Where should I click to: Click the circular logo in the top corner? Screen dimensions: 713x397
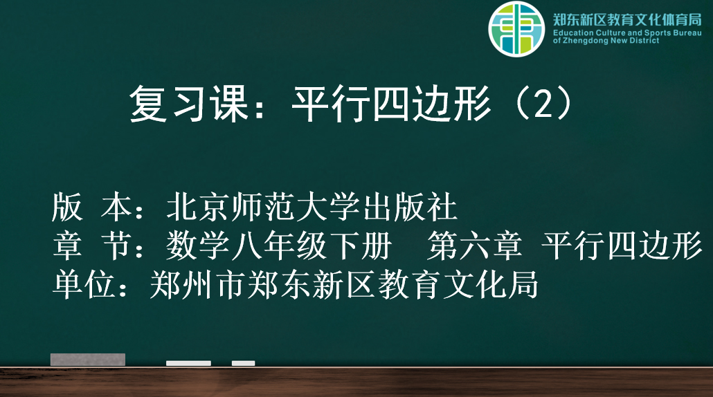pyautogui.click(x=516, y=28)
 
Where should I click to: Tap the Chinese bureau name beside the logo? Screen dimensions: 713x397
pyautogui.click(x=627, y=20)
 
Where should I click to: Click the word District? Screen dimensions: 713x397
pyautogui.click(x=643, y=40)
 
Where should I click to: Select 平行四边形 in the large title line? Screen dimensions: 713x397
pyautogui.click(x=392, y=104)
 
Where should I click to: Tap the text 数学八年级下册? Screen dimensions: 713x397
pyautogui.click(x=279, y=246)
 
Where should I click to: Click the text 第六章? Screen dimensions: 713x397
pyautogui.click(x=474, y=246)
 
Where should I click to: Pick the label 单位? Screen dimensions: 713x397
pyautogui.click(x=84, y=285)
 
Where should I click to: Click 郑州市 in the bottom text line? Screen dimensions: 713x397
pyautogui.click(x=198, y=285)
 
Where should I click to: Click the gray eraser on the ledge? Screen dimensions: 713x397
pyautogui.click(x=88, y=359)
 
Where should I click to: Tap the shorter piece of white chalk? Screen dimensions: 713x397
pyautogui.click(x=243, y=363)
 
